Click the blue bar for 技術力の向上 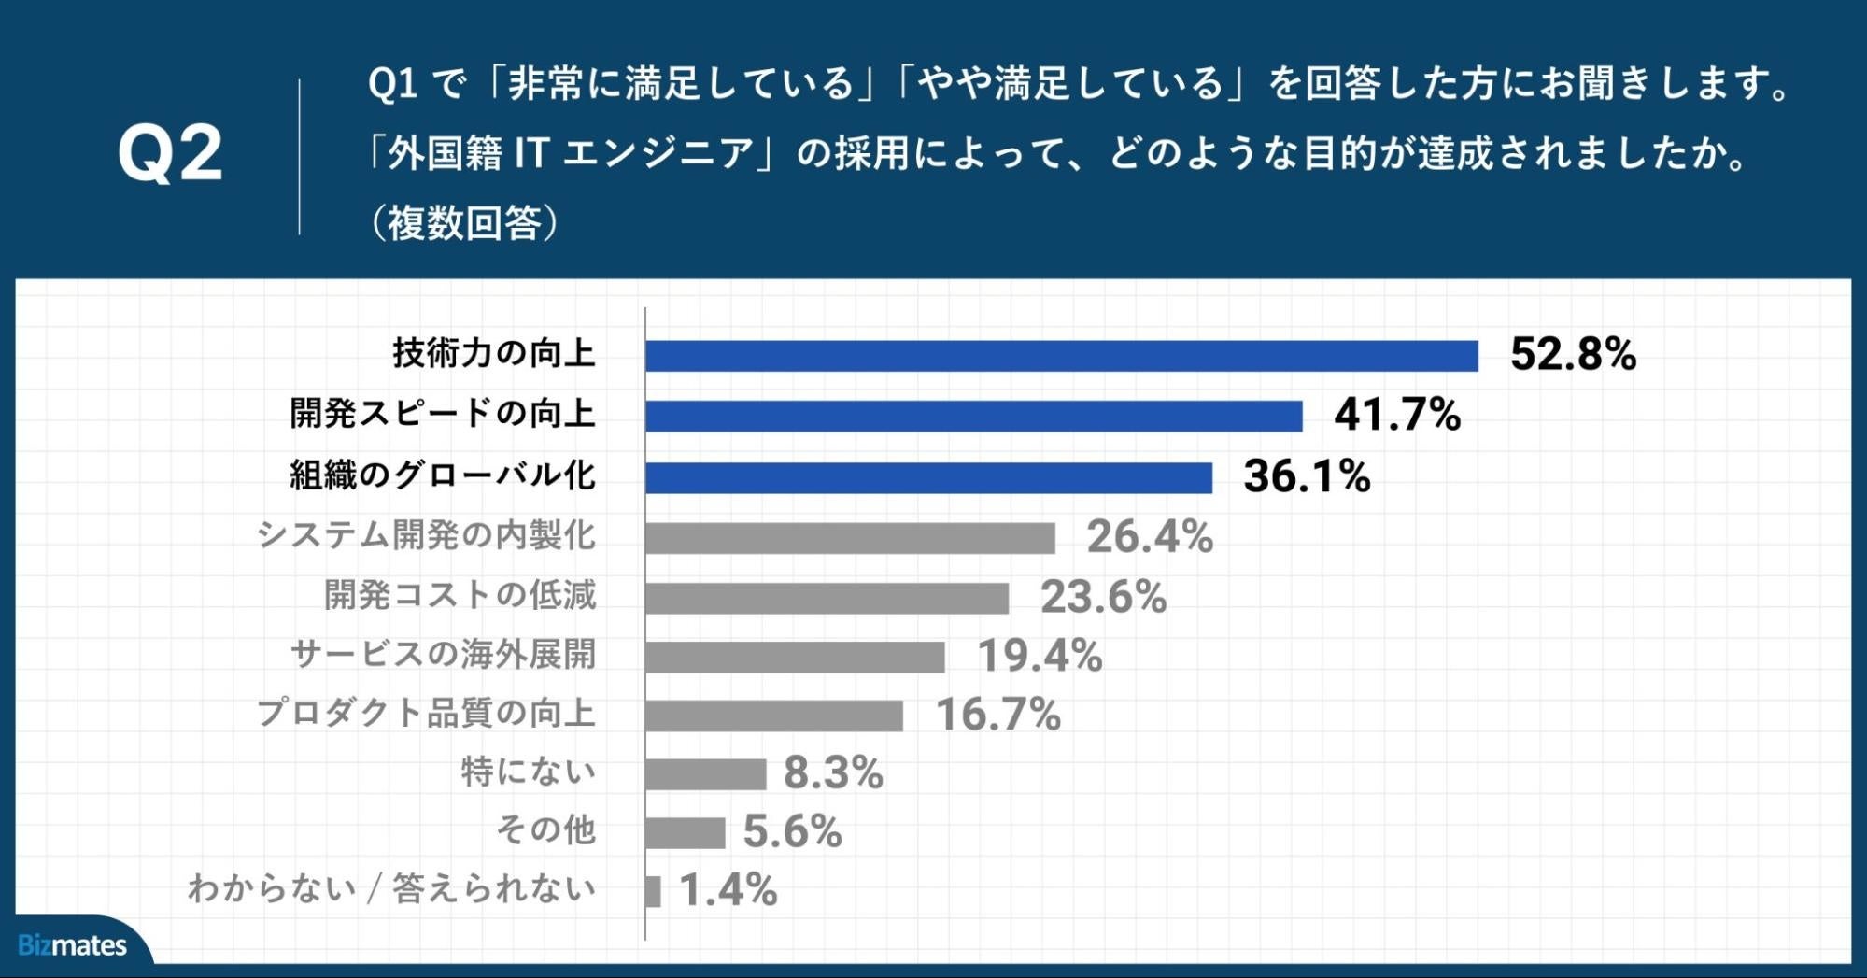pos(1061,356)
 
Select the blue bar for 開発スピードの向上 pos(973,416)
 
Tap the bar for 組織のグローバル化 pos(928,477)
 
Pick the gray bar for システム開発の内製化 pos(850,538)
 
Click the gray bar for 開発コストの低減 pos(827,598)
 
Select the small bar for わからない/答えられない pos(653,891)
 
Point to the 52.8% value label pos(1573,355)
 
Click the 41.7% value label pos(1396,415)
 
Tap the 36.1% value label pos(1306,476)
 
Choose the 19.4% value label pos(1040,656)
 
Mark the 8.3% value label pos(832,773)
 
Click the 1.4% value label pos(728,890)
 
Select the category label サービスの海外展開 pos(443,654)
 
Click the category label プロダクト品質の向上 pos(426,713)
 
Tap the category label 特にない pos(528,772)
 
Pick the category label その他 pos(545,829)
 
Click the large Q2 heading pos(170,154)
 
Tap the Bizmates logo pos(72,945)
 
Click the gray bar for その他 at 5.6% pos(685,832)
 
